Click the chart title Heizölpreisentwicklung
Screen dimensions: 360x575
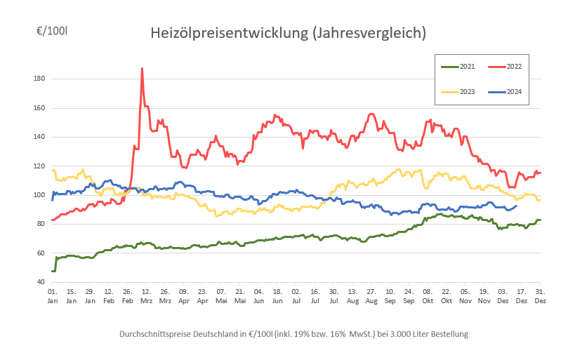(288, 33)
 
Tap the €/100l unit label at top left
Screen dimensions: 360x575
(53, 32)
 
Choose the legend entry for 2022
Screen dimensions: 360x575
(513, 66)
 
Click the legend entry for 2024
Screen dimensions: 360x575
(513, 92)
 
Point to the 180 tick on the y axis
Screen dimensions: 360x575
(39, 79)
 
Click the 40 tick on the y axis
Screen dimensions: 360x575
(41, 281)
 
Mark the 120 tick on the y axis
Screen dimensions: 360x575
(39, 166)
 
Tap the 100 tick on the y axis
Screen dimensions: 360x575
(39, 194)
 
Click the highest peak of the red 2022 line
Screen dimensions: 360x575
(142, 69)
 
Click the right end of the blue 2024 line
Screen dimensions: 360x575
(517, 206)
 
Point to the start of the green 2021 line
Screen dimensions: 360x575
(52, 271)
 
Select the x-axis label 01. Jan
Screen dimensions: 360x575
(52, 295)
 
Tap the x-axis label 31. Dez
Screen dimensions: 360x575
(539, 295)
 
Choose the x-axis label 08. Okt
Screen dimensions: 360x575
(427, 295)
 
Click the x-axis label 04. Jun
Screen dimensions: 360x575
(258, 295)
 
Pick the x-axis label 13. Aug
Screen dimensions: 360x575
(352, 295)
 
